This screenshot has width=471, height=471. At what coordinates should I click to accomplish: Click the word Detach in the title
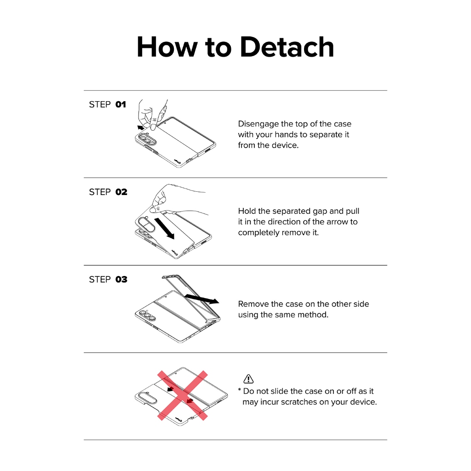pos(287,47)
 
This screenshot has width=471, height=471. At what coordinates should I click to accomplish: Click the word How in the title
pos(167,47)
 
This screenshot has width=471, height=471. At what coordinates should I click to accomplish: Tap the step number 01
pos(121,104)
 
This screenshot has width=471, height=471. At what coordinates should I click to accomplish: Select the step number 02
pos(121,192)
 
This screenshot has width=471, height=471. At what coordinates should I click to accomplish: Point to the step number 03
pos(121,279)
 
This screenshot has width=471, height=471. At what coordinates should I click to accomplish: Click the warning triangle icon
pos(248,379)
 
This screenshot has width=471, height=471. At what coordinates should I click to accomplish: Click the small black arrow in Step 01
pos(141,128)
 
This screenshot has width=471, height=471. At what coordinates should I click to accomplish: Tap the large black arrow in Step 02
pos(164,229)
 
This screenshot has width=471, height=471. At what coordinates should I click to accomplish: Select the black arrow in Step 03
pos(202,299)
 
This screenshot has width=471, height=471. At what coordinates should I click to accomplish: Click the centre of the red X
pos(183,395)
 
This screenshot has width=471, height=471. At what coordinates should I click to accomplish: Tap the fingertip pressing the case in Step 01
pos(153,124)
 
